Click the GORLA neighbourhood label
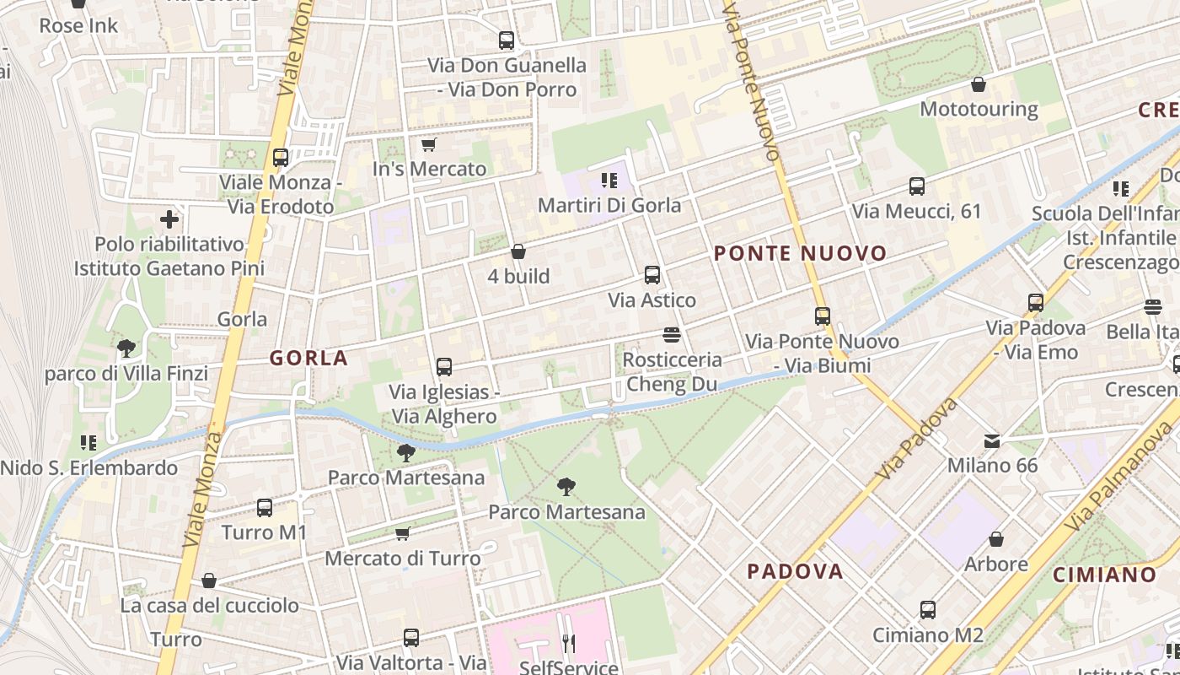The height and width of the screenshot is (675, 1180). click(308, 359)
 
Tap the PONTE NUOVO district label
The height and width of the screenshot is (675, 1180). click(800, 254)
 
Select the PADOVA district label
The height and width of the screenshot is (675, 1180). click(795, 572)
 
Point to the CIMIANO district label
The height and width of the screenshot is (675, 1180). click(1105, 575)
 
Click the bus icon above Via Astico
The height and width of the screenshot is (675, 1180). click(652, 275)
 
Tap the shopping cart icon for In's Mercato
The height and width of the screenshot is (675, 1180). click(428, 144)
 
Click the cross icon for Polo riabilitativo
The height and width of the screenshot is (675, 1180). click(169, 220)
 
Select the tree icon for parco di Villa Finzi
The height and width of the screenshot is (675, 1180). click(126, 348)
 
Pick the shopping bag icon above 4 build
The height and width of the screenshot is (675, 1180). click(518, 251)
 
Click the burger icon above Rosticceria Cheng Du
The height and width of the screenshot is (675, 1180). click(672, 335)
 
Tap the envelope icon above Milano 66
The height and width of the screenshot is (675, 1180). click(992, 440)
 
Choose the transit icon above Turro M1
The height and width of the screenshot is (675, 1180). click(265, 508)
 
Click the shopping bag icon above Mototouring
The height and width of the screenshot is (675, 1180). click(979, 84)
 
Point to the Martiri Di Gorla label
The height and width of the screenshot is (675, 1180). click(609, 205)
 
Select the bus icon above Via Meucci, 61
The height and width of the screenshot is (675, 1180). click(917, 186)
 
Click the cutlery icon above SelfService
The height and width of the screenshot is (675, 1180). click(569, 644)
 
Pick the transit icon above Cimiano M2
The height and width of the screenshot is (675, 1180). click(928, 610)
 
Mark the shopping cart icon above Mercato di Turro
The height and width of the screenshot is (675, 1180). click(403, 533)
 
